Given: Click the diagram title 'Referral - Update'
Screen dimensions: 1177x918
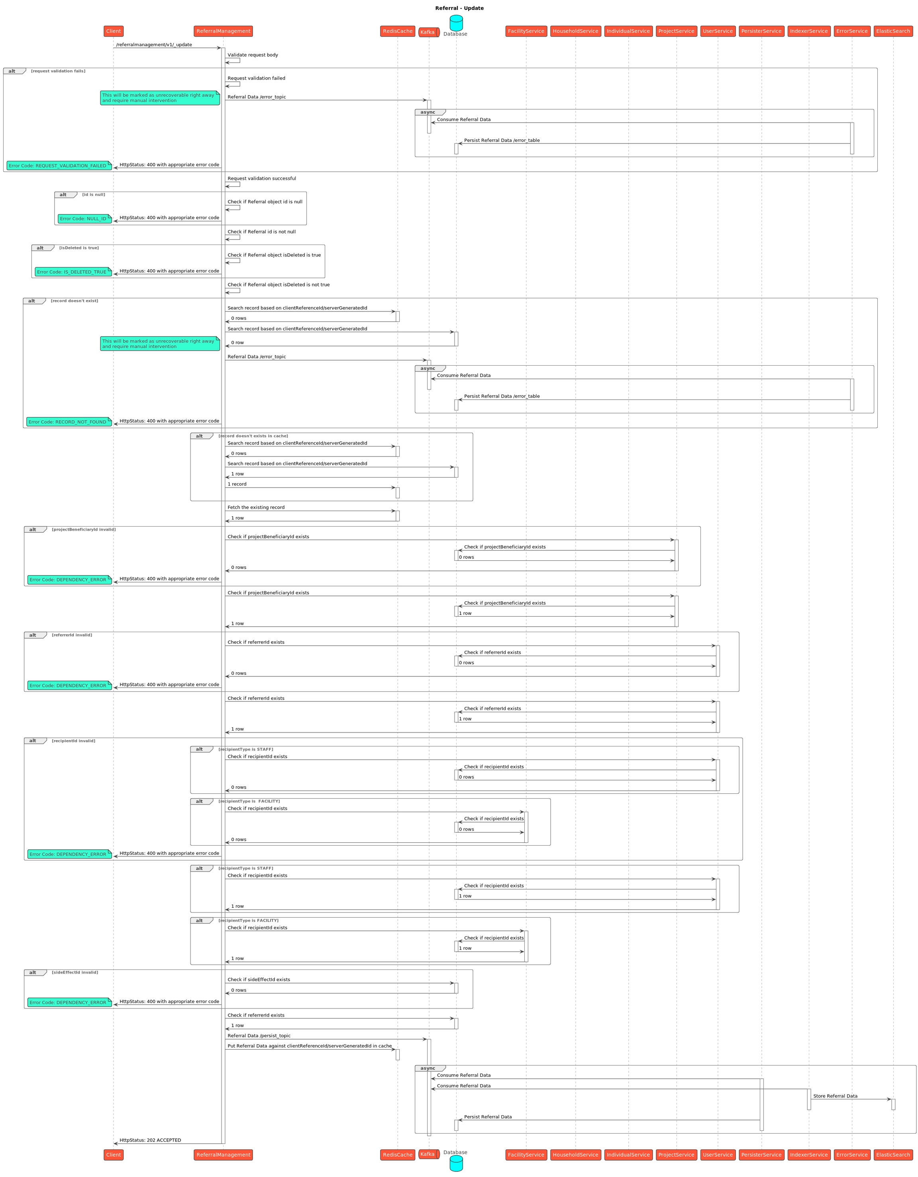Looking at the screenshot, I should (459, 8).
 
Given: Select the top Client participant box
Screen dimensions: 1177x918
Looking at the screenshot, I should (113, 31).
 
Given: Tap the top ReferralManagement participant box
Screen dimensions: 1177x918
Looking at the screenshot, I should (223, 31).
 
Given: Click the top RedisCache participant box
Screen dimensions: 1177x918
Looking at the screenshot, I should (397, 31).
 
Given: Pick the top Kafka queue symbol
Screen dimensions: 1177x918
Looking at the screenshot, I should (429, 32).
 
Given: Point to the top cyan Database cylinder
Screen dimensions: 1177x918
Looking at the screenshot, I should (455, 23).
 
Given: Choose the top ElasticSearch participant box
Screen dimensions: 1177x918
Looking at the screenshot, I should (892, 31).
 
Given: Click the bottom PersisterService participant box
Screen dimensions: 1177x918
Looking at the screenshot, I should (761, 1154).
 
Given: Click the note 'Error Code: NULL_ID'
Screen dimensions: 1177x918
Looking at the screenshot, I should (84, 219).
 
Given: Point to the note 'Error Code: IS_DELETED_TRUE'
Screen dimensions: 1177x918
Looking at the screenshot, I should (73, 272).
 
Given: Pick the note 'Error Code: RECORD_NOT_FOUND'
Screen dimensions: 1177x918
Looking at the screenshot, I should (69, 422).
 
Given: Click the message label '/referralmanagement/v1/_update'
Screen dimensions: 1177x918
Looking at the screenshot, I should (154, 45).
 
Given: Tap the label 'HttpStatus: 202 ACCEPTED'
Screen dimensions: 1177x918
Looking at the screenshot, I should (150, 1140).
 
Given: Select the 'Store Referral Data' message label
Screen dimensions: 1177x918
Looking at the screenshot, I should (834, 1096).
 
